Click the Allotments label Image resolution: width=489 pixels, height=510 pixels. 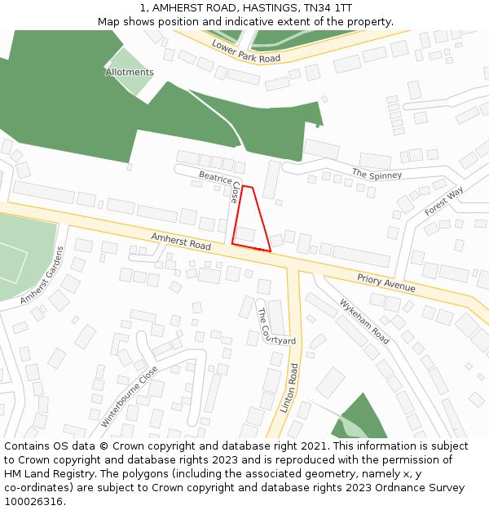coord(130,73)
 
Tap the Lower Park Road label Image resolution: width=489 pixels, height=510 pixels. coord(246,51)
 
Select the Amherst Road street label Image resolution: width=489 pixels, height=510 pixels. coord(181,241)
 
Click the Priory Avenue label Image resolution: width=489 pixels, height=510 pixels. coord(385,282)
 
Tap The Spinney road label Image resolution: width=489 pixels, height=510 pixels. coord(377,174)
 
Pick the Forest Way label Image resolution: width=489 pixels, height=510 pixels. coord(443,201)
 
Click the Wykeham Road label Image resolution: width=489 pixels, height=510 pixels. coord(364,320)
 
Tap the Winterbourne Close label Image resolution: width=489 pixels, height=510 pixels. coord(130,397)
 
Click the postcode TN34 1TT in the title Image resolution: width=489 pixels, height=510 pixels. coord(329,8)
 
